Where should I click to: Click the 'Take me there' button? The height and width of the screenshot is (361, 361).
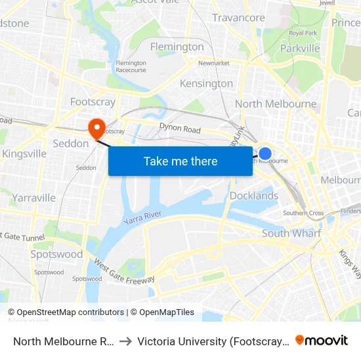click(180, 161)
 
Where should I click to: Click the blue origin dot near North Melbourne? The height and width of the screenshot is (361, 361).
click(265, 154)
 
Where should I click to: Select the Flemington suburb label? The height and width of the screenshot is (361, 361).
click(177, 47)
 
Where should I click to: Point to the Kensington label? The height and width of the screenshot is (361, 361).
click(206, 83)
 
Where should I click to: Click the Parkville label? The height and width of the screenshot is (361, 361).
click(299, 48)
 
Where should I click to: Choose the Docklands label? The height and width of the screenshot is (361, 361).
click(254, 196)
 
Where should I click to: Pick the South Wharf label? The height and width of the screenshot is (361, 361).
click(291, 233)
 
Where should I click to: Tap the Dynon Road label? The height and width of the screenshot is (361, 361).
click(180, 129)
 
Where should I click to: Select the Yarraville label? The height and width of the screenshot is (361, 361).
click(33, 198)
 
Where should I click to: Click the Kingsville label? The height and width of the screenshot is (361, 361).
click(24, 154)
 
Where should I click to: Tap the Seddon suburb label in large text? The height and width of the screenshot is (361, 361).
click(70, 143)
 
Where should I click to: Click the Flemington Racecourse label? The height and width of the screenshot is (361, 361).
click(131, 66)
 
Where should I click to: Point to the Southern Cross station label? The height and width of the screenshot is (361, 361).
click(303, 213)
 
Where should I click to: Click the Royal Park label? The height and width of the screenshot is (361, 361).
click(303, 33)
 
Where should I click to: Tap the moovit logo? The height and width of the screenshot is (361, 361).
click(321, 340)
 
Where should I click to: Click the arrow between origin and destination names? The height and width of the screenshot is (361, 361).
click(125, 341)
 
